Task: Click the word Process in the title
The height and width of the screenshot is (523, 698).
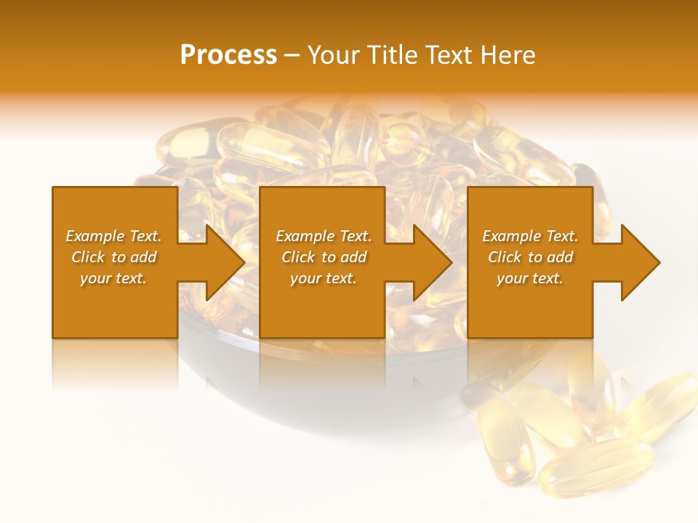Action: click(228, 55)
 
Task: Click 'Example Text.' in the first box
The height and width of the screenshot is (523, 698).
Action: click(113, 236)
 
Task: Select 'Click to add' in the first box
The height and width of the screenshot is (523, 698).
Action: click(114, 257)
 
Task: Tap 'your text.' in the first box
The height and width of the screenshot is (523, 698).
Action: click(113, 278)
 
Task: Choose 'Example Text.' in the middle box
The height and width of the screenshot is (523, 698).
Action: click(324, 236)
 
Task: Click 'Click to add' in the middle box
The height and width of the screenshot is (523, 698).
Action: click(324, 257)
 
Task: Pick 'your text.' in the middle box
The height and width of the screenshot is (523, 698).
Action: click(324, 278)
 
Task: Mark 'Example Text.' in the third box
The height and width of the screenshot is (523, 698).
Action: click(530, 236)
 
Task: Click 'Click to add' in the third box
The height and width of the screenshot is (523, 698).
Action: click(530, 257)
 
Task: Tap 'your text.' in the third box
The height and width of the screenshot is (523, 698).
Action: click(530, 278)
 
